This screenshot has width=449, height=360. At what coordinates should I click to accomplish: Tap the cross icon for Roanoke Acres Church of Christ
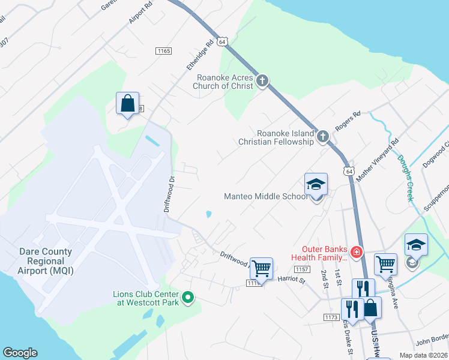point(262,80)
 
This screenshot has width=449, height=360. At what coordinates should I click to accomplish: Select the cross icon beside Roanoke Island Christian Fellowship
point(322,137)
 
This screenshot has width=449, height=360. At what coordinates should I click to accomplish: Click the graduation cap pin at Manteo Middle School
point(316,185)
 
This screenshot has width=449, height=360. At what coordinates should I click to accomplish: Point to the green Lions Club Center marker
point(187,296)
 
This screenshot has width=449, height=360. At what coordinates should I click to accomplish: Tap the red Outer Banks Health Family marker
point(357,252)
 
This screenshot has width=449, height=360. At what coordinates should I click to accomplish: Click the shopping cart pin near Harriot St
point(261,268)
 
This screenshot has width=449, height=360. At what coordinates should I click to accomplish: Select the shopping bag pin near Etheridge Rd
point(127,104)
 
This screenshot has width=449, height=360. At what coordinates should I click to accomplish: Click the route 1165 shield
point(163,51)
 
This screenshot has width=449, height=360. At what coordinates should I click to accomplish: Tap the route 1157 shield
point(302,270)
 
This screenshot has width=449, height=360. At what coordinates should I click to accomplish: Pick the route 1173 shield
point(331,317)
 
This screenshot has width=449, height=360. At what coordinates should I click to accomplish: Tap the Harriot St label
point(292,279)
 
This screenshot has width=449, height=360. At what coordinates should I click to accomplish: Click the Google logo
point(20,353)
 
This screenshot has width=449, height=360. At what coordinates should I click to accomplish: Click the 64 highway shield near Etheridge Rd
point(222,42)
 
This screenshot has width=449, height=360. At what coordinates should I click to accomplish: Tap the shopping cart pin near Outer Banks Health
point(385,263)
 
